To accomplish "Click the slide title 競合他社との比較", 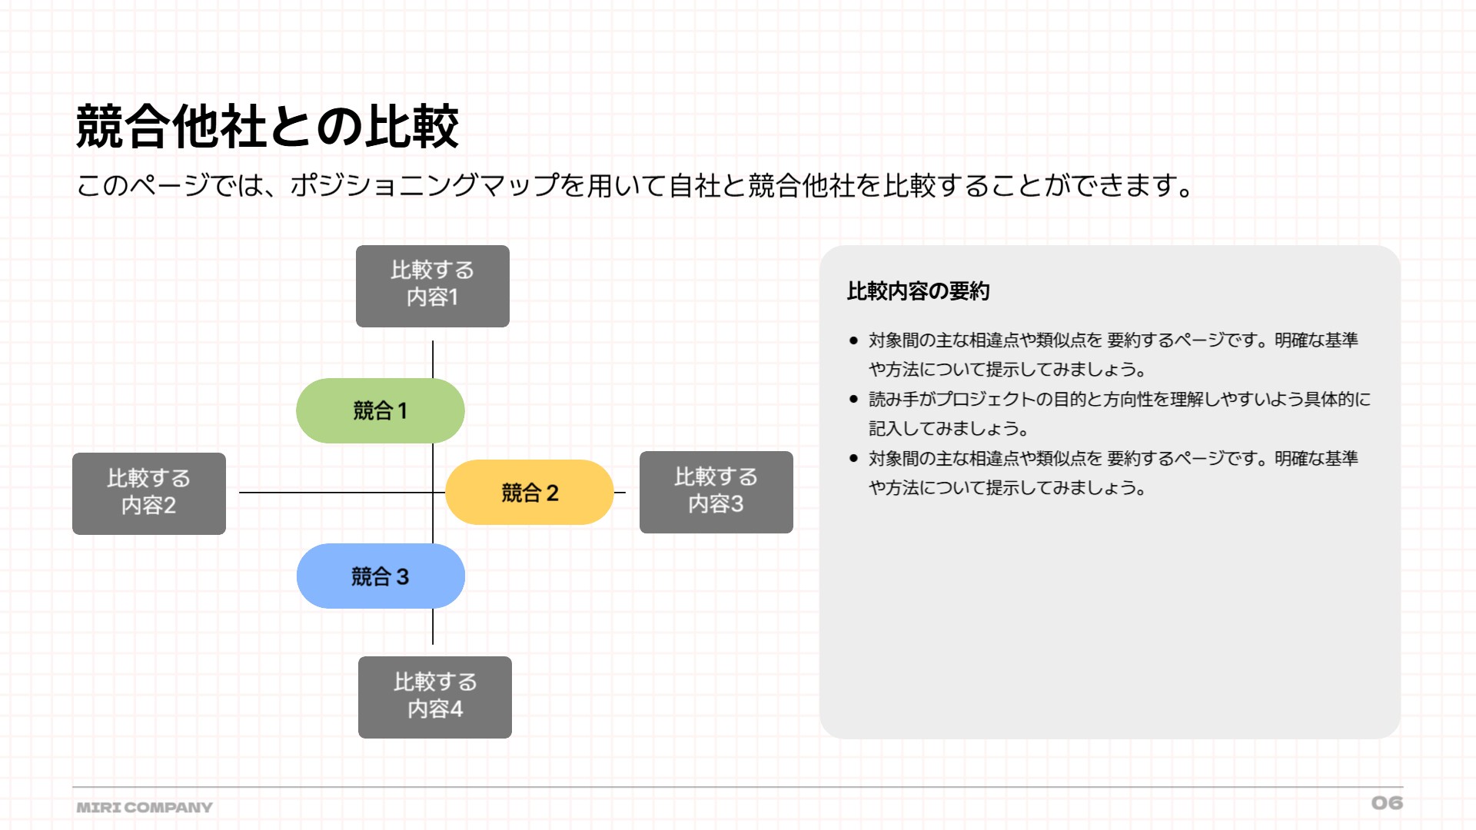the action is (268, 126).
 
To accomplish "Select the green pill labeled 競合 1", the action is (381, 410).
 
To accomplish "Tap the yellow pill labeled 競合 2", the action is (530, 493).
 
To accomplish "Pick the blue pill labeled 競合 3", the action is (381, 576).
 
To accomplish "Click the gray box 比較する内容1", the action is (433, 286).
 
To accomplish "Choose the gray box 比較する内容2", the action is (149, 493).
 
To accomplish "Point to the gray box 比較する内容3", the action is (716, 492).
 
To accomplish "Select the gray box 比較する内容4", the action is (435, 697).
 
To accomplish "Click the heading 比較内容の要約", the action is (918, 291).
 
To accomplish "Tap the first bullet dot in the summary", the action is (853, 340).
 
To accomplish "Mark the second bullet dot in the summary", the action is (853, 400).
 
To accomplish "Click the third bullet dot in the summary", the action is (853, 459).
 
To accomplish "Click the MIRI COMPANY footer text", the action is (145, 808).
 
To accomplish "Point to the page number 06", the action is (1387, 803).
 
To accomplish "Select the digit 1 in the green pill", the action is (402, 411).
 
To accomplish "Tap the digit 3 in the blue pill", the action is (402, 576).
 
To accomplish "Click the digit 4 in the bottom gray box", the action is (457, 709).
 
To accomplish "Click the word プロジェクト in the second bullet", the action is (989, 400).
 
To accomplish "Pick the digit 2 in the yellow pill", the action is (552, 493).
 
